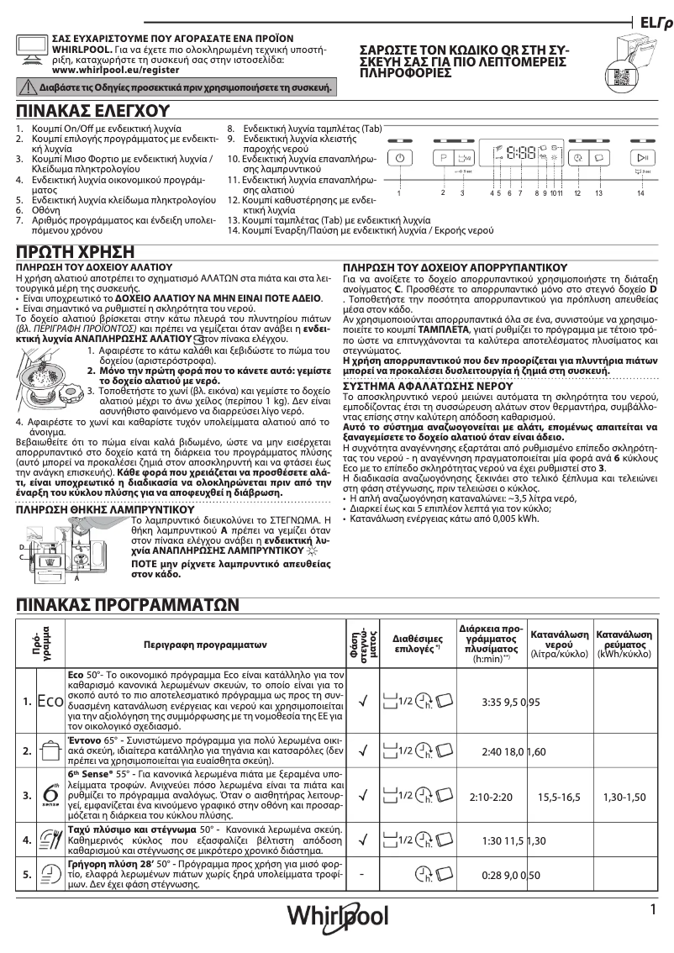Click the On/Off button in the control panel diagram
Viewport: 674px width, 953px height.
401,158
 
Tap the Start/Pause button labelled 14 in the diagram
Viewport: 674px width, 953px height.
641,158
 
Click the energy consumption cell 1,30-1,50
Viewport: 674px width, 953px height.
624,794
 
